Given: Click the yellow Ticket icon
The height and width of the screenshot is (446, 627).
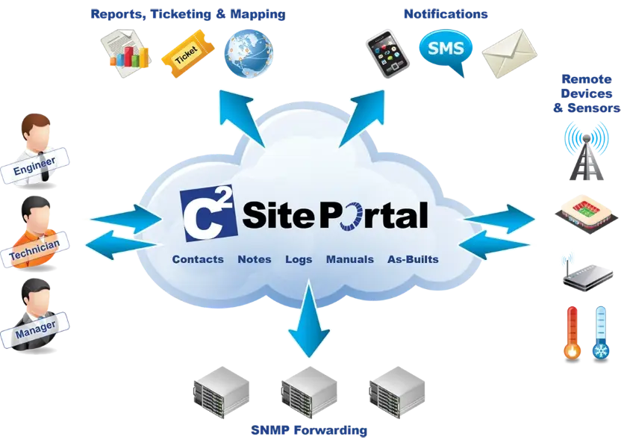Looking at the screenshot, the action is pos(187,54).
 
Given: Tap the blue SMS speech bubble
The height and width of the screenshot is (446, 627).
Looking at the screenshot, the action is pos(446,50).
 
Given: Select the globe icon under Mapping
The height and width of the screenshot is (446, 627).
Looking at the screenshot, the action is pos(249,53).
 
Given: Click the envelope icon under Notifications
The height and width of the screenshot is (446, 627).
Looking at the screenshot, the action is pos(509,54).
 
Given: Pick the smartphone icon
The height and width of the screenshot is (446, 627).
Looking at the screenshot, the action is pos(387,54).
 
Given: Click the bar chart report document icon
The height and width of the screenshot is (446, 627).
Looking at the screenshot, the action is pos(126,53).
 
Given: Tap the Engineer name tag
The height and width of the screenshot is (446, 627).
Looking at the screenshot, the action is pos(34,165).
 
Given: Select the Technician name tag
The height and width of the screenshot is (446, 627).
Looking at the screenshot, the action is pos(34,250).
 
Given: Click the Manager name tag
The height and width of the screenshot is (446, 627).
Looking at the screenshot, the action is pos(35,329).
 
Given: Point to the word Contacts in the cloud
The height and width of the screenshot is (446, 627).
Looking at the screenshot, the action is pos(198,259).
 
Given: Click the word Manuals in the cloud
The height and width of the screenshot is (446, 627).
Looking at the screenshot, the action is pos(350,259).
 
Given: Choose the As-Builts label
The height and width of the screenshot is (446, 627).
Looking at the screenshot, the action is pos(413,259).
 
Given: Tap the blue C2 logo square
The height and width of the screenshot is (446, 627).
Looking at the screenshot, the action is pos(208,214).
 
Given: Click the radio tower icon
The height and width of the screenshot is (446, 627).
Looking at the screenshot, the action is pos(586,152).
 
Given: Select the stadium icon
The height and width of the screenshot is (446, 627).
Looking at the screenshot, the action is pos(586,214).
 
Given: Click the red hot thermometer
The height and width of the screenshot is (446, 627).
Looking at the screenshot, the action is pos(573,333).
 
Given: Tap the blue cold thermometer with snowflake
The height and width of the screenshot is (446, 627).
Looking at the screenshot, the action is pos(601,333).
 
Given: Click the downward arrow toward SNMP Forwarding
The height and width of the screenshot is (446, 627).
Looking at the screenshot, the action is pos(309,318).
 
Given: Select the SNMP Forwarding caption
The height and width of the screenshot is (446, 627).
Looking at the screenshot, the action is pos(309,430).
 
